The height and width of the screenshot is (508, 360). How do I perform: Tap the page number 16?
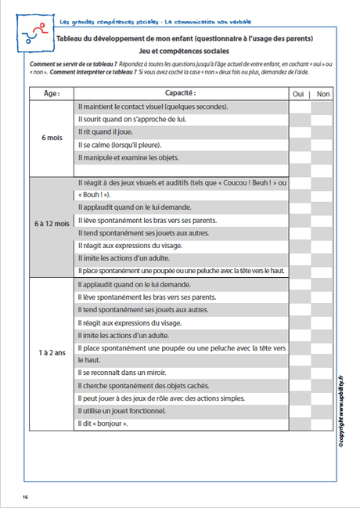25,496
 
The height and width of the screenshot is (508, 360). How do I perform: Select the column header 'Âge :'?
52,93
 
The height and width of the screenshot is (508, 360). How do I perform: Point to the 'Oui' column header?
298,93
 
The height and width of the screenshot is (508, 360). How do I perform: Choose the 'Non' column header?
323,93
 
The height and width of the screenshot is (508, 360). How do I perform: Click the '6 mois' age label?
52,138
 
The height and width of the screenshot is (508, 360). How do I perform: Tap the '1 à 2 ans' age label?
52,354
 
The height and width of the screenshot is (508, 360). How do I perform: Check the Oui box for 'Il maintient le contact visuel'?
299,106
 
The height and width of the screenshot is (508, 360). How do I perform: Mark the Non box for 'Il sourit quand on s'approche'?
323,119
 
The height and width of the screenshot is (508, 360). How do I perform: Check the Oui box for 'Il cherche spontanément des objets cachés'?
299,385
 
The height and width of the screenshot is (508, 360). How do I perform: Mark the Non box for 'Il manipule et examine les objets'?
323,157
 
